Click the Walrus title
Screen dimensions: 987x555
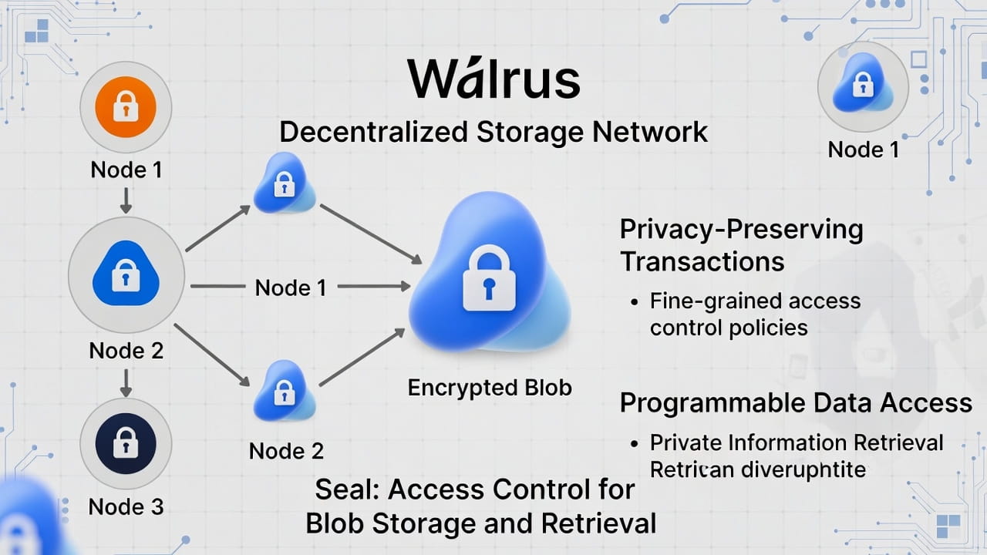(493, 79)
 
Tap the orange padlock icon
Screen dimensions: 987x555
(126, 106)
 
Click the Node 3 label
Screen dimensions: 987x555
(126, 506)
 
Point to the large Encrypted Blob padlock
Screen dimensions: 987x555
(489, 277)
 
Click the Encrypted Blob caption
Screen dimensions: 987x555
(490, 387)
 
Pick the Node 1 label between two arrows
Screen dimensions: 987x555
(291, 288)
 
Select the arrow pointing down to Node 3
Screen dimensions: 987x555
(126, 382)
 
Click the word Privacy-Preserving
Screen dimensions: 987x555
(741, 229)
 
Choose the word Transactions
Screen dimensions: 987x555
(702, 261)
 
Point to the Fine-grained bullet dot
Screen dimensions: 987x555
(634, 301)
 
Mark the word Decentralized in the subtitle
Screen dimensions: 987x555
(373, 132)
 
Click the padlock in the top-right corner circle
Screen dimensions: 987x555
(862, 84)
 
